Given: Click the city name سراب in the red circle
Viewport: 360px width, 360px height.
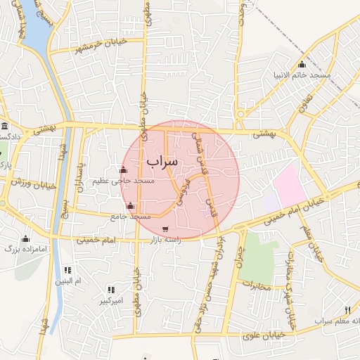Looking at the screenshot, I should pos(163,162).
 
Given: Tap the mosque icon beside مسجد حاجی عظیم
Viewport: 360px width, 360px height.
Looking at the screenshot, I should pos(124,169).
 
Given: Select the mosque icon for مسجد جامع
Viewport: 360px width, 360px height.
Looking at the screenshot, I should pos(130,206).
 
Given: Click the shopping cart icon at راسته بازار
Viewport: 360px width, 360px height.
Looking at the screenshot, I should pos(165,229).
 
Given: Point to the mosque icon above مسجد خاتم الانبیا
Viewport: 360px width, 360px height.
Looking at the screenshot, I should pos(302,65).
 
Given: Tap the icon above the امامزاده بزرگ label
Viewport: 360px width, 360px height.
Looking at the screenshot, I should pos(26,238).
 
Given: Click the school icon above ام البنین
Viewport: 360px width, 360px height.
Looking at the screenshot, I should pos(67,270).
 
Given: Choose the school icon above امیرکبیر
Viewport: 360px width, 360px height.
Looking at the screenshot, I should pos(111,290).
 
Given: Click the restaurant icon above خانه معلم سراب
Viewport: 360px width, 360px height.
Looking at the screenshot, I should pos(347,310).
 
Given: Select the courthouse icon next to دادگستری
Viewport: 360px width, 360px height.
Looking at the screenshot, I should pos(5,127).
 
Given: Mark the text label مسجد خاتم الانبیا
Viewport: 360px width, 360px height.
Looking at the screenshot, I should pos(302,75).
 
